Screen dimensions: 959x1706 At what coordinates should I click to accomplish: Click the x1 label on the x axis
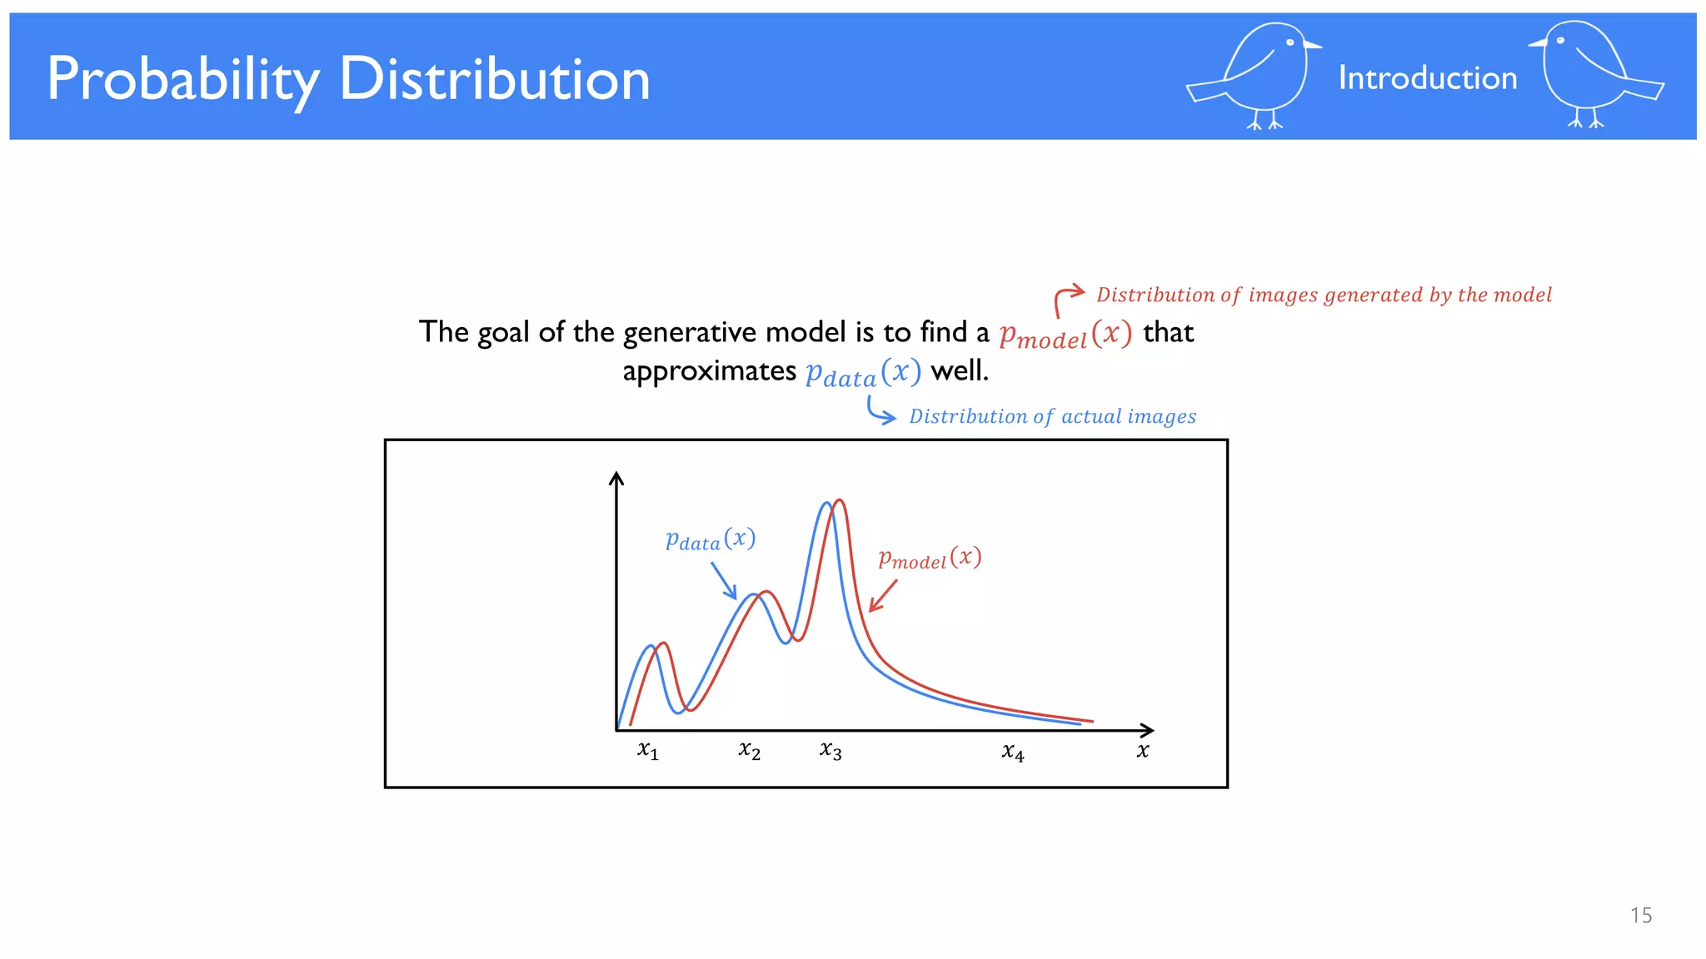tap(648, 751)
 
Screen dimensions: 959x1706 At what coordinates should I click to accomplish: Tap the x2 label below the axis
tap(749, 751)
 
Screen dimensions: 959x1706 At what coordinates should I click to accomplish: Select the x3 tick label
tap(831, 751)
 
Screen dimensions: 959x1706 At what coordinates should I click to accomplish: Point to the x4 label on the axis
tap(1013, 753)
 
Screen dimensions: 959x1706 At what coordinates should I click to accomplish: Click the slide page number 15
tap(1640, 916)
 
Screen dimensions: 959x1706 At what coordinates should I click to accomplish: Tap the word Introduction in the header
tap(1427, 78)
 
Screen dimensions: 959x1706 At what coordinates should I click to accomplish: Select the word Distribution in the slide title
tap(494, 80)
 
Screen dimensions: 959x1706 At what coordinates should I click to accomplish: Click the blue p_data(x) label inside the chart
tap(710, 540)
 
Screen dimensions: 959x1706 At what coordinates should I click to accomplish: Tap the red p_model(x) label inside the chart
tap(930, 559)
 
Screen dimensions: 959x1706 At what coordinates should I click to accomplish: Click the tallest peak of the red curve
tap(840, 501)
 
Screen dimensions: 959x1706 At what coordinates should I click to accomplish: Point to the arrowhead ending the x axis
tap(1149, 730)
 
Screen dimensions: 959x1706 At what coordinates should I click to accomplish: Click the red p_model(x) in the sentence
tap(1065, 335)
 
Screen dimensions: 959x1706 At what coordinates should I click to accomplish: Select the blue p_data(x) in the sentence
tap(863, 372)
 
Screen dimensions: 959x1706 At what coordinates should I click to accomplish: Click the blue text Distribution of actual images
tap(1052, 416)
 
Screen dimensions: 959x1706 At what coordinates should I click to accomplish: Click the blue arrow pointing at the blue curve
tap(724, 581)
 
